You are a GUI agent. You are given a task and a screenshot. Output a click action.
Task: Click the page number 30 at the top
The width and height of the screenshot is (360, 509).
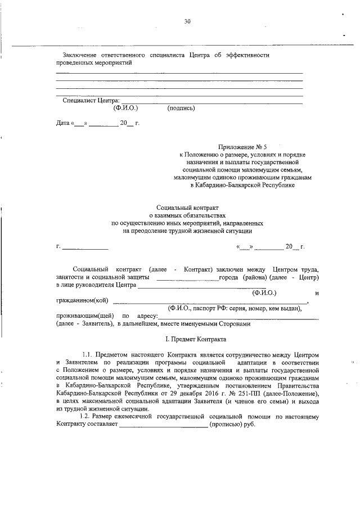[x=187, y=22]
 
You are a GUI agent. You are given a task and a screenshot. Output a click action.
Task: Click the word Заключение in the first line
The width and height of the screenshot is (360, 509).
[x=79, y=55]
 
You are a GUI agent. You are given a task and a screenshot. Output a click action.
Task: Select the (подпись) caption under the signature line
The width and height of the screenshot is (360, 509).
[x=181, y=107]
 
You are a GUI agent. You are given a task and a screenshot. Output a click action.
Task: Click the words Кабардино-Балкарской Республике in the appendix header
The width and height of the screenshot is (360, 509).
[x=249, y=184]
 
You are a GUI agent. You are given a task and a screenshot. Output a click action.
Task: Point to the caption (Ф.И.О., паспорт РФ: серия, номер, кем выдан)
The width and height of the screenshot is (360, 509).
[x=237, y=308]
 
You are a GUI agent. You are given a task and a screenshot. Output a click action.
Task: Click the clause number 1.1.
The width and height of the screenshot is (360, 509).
[x=87, y=355]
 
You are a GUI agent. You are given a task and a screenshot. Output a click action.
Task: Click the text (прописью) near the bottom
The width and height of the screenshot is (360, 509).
[x=227, y=424]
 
